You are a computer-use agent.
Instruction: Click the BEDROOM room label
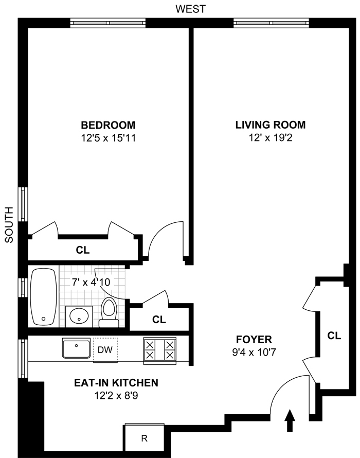click(x=108, y=125)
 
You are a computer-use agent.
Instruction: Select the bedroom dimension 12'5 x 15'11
click(x=109, y=138)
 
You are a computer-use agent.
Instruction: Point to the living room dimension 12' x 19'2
click(x=271, y=137)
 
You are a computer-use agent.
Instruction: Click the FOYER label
click(x=254, y=340)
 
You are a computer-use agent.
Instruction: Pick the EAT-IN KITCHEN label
click(x=116, y=383)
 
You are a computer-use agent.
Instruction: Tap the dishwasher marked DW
click(x=105, y=350)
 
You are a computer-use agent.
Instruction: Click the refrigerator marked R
click(x=144, y=438)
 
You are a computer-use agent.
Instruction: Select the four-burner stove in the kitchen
click(x=160, y=350)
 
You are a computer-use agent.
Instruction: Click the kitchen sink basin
click(x=76, y=348)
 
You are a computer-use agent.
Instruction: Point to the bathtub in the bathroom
click(x=44, y=297)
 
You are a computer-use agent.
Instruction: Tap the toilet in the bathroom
click(x=109, y=312)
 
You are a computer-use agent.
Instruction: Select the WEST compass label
click(x=191, y=9)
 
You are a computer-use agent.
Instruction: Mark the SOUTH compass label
click(x=9, y=224)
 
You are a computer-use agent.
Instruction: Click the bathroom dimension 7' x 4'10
click(x=91, y=282)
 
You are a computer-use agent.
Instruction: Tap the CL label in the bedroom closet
click(x=83, y=250)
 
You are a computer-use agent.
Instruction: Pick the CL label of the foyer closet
click(x=334, y=336)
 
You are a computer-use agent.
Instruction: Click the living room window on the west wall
click(x=271, y=23)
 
